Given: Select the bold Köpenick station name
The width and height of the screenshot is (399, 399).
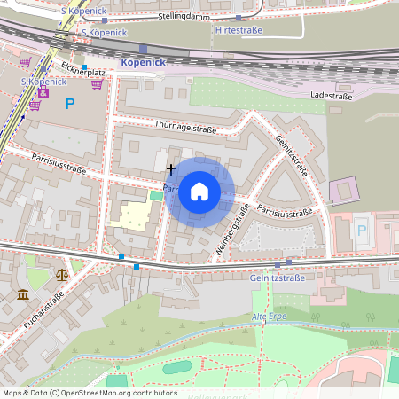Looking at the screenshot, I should (142, 63).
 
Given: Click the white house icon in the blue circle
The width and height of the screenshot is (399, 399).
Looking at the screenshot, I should (199, 192).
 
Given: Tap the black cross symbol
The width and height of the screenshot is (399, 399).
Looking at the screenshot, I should (171, 168).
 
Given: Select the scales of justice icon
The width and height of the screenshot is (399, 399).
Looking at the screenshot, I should (61, 275).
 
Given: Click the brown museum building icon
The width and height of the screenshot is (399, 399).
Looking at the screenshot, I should (21, 293).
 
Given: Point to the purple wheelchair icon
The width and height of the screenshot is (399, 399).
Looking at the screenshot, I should (43, 92).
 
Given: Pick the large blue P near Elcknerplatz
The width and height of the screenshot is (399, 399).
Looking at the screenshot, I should (70, 103).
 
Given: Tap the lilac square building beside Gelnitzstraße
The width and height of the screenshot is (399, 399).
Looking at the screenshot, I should (344, 189).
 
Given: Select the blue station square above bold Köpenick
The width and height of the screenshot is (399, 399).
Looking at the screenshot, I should (142, 49).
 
